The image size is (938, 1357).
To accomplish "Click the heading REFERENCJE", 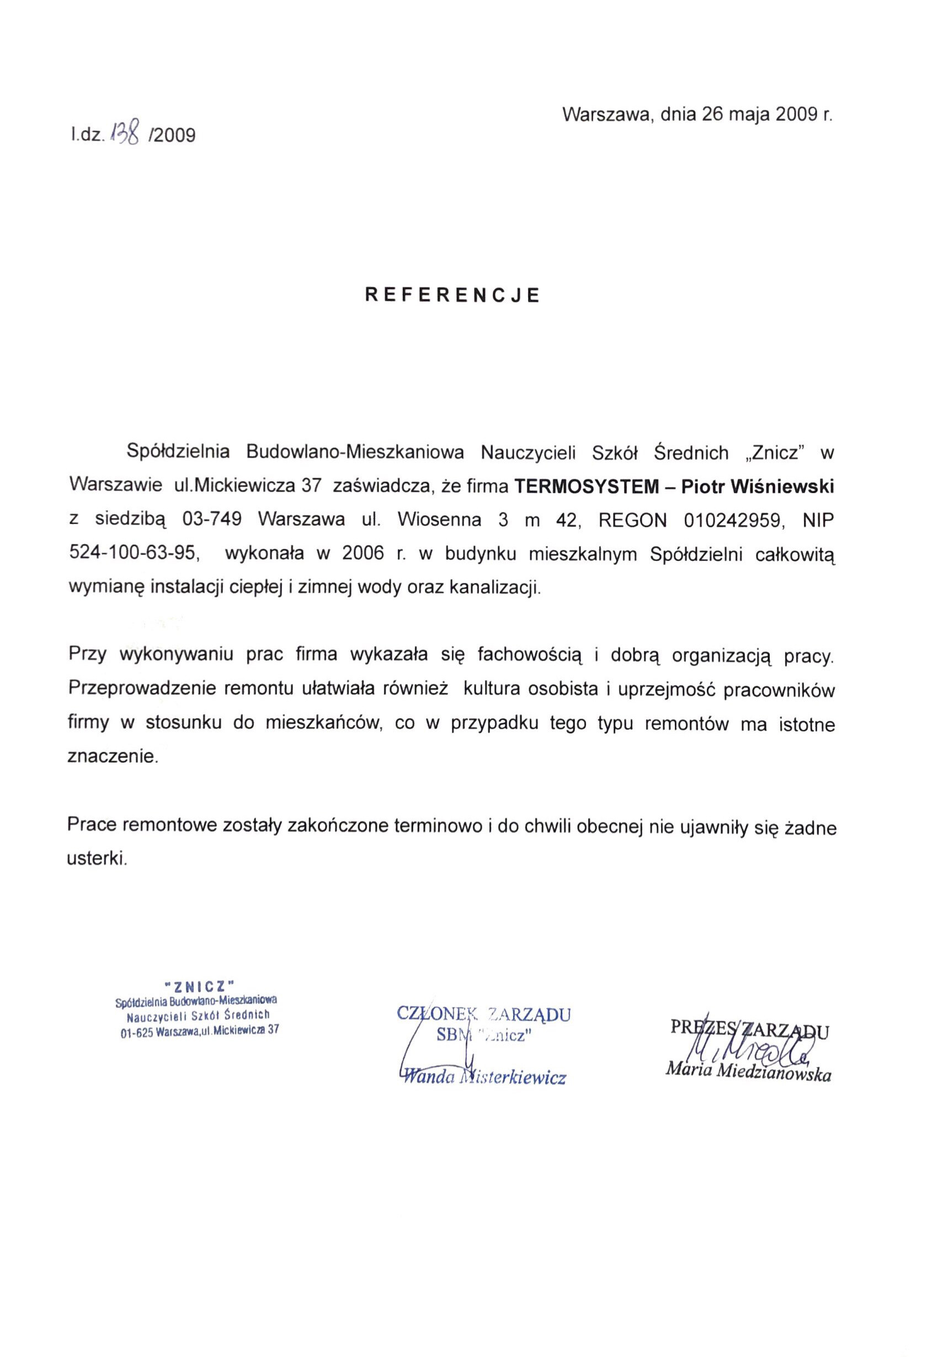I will [452, 295].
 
